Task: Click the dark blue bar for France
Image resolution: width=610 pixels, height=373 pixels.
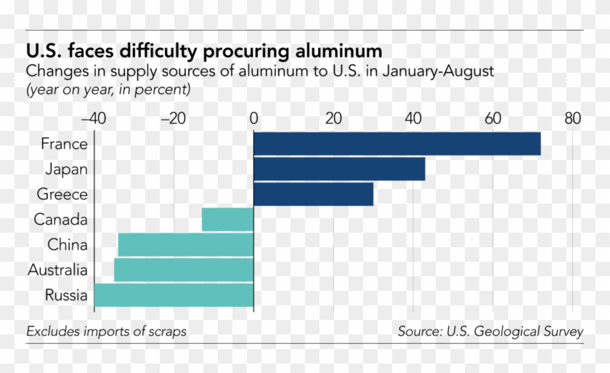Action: pyautogui.click(x=396, y=144)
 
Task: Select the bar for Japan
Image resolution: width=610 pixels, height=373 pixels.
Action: pyautogui.click(x=339, y=169)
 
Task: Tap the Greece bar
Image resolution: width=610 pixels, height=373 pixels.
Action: pyautogui.click(x=313, y=195)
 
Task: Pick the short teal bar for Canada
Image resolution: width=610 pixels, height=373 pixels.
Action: pyautogui.click(x=227, y=220)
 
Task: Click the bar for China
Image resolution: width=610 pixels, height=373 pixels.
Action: pyautogui.click(x=185, y=245)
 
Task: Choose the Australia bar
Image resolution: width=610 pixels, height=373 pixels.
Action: pyautogui.click(x=183, y=270)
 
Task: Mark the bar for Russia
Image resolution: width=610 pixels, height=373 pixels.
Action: pyautogui.click(x=174, y=296)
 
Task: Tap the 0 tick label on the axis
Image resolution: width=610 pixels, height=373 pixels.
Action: pyautogui.click(x=253, y=118)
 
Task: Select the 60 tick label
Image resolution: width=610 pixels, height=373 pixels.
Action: pyautogui.click(x=493, y=118)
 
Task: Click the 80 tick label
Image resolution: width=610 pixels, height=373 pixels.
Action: pyautogui.click(x=572, y=118)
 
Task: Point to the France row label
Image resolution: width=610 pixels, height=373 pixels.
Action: pyautogui.click(x=64, y=144)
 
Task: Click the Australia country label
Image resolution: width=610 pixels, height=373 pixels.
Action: pyautogui.click(x=57, y=270)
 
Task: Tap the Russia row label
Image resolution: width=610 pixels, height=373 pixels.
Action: pyautogui.click(x=66, y=296)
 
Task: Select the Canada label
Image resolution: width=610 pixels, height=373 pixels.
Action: pyautogui.click(x=61, y=220)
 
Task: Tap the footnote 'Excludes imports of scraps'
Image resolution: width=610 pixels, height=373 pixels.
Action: pyautogui.click(x=106, y=332)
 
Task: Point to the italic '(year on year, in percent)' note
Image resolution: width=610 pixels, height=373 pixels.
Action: pyautogui.click(x=108, y=90)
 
